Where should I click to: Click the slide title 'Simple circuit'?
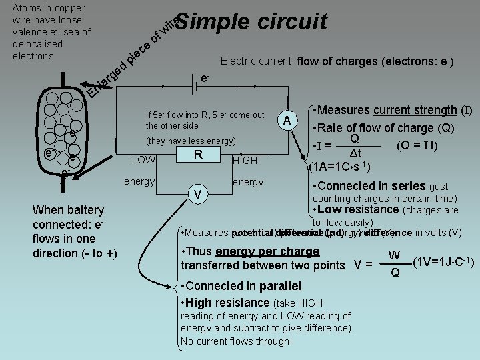pyautogui.click(x=251, y=21)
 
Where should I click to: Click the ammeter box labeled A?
pyautogui.click(x=287, y=120)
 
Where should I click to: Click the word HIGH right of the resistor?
pyautogui.click(x=245, y=161)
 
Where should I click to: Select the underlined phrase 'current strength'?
pyautogui.click(x=414, y=110)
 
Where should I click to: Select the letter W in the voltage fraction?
pyautogui.click(x=395, y=255)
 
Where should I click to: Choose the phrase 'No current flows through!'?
pyautogui.click(x=236, y=341)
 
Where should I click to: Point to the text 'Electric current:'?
pyautogui.click(x=258, y=62)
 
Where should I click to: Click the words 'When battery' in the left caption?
pyautogui.click(x=68, y=210)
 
